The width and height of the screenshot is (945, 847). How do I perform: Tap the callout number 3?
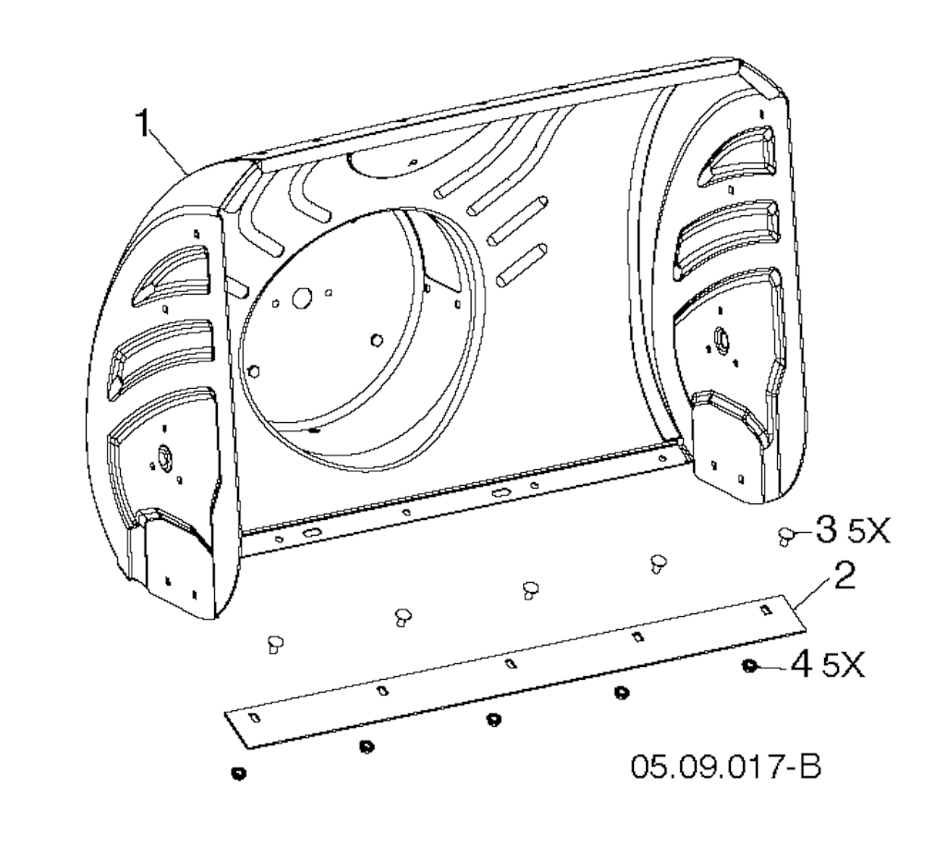coord(826,528)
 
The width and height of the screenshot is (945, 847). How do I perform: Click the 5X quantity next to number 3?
coord(868,531)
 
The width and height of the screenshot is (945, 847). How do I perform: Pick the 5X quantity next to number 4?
coord(843,666)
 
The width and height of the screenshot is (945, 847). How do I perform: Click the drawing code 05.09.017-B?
coord(726,767)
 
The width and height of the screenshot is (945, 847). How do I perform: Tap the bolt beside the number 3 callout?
coord(785,535)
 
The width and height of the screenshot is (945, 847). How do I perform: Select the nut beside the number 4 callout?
coord(750,665)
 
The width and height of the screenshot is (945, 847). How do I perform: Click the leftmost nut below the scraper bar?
coord(239,773)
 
